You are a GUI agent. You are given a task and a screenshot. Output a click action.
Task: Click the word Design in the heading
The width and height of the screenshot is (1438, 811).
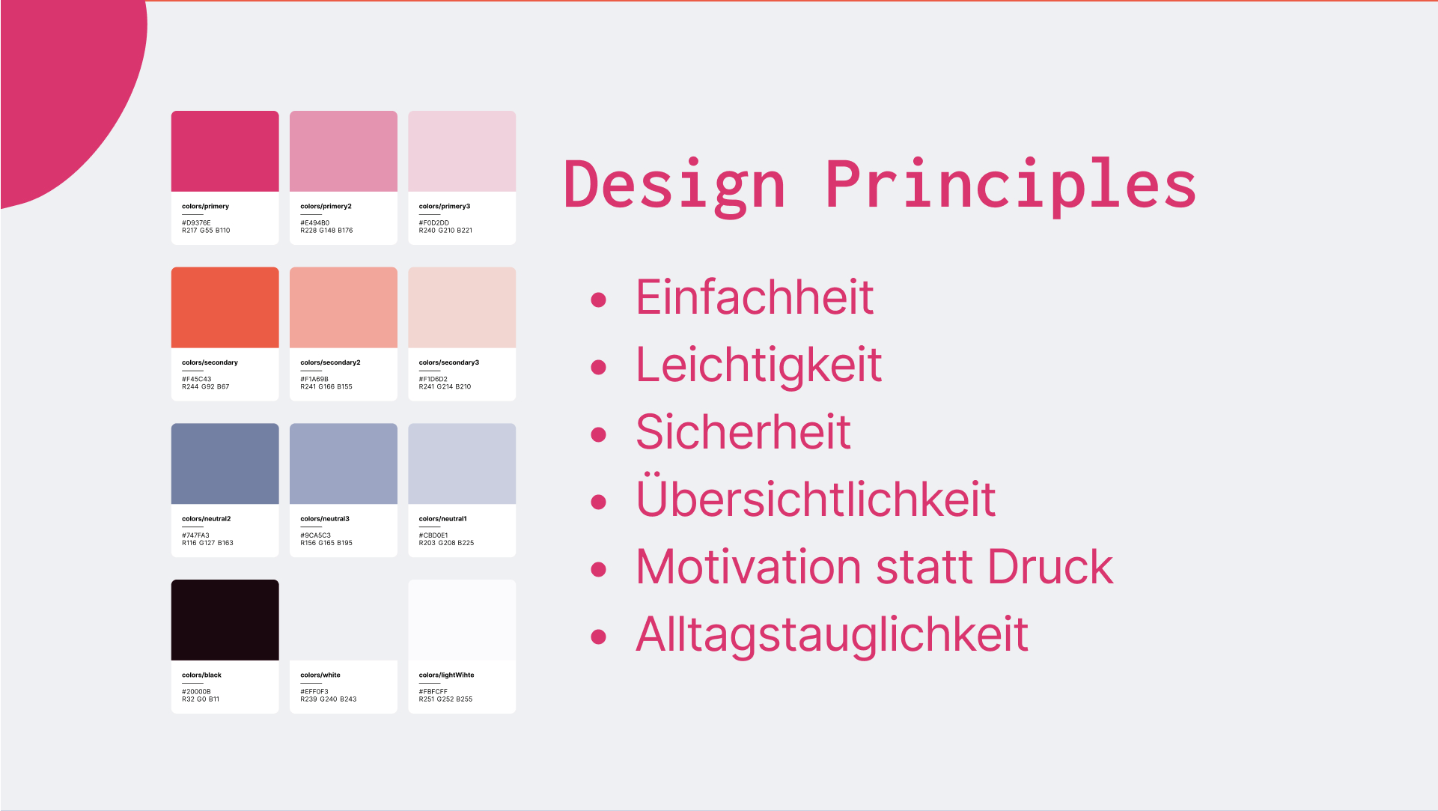674,186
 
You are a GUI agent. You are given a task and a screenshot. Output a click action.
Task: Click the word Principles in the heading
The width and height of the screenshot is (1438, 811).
1011,186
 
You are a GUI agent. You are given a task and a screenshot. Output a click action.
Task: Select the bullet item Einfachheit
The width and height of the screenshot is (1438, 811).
755,297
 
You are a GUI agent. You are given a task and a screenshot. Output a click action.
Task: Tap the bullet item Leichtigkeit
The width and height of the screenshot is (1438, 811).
759,365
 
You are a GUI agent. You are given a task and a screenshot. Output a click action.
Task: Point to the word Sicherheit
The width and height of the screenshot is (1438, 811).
743,432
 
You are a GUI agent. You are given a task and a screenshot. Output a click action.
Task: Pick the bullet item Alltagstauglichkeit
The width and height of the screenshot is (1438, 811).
832,635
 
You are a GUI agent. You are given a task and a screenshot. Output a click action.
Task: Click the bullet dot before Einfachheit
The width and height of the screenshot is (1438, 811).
598,300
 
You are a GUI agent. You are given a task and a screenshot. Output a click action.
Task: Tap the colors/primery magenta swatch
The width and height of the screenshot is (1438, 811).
225,151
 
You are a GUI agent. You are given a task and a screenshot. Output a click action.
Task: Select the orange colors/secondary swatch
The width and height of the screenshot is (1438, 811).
225,308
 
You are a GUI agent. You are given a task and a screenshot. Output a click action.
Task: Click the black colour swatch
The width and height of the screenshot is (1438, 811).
225,620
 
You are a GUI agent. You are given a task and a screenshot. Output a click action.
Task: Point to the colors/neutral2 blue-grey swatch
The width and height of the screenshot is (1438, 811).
225,464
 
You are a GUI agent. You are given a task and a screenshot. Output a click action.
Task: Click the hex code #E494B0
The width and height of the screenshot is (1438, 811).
315,223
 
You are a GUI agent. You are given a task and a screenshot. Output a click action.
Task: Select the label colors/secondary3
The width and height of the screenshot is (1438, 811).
449,362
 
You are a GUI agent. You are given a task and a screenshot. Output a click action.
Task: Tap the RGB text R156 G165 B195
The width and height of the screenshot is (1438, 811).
326,543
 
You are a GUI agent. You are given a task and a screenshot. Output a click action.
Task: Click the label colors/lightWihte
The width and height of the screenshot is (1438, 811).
447,675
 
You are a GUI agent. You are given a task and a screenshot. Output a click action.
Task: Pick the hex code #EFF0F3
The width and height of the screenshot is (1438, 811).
314,692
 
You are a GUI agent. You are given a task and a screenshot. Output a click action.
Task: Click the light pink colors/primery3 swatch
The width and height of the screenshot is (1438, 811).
462,151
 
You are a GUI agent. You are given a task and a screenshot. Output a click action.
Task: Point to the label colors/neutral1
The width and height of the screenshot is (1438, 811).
443,519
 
